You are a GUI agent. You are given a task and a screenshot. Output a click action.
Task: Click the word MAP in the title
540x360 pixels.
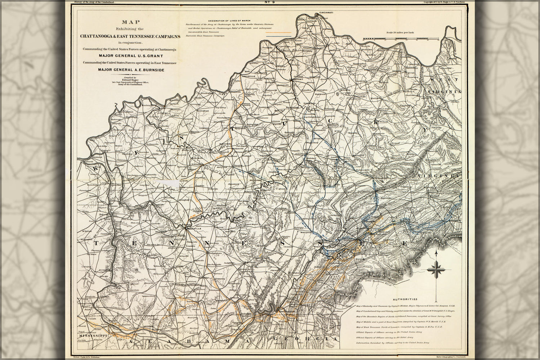tap(129, 22)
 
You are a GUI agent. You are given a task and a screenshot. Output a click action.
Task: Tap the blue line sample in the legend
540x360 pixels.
tap(278, 36)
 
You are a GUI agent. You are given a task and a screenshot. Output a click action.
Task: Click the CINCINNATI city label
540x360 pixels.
tap(326, 13)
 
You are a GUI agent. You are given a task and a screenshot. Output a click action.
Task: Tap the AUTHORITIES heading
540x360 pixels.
tap(405, 299)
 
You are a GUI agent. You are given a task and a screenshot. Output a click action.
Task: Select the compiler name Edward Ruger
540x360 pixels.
tap(129, 80)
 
